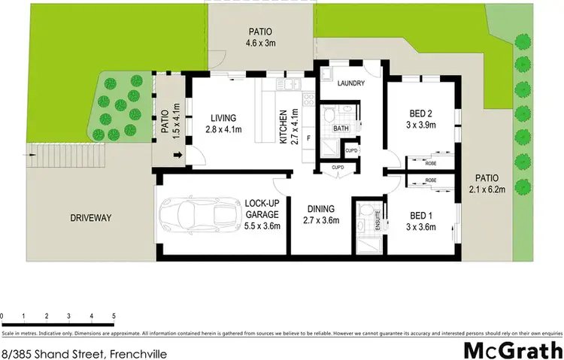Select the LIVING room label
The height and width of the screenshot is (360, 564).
tap(223, 118)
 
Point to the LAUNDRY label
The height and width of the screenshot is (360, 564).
tap(351, 83)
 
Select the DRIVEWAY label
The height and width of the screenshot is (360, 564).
tap(90, 218)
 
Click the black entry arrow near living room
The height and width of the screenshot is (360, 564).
tap(177, 156)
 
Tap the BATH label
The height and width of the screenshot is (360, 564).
tap(341, 129)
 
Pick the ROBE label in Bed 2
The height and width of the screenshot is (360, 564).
tap(431, 162)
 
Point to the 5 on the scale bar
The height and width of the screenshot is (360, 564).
tap(114, 316)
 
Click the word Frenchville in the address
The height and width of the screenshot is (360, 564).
tap(137, 352)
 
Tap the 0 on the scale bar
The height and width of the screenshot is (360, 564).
tap(2, 316)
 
